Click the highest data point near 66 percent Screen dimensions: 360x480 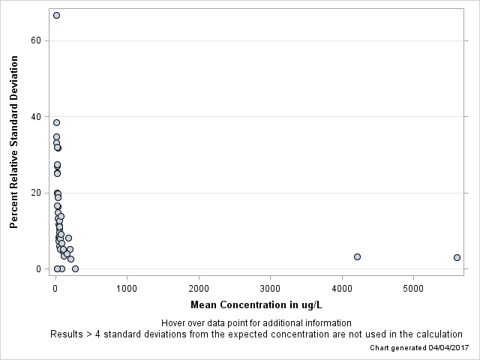(56, 15)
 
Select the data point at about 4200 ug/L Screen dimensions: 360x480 (357, 256)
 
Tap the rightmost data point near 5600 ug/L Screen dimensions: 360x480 (457, 257)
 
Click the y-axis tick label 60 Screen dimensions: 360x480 (35, 40)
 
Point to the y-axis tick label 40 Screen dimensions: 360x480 (35, 117)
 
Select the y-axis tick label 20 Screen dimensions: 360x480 (35, 193)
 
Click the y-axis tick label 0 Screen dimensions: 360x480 (37, 268)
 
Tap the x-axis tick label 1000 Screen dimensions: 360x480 (127, 288)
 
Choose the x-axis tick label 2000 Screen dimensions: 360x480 (199, 288)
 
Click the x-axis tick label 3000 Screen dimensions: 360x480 (270, 288)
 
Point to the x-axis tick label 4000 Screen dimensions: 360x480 (342, 288)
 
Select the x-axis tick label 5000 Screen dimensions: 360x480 (413, 288)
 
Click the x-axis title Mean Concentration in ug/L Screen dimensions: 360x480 (256, 305)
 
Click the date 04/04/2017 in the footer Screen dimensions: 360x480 (448, 348)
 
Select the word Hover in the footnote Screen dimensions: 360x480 (174, 322)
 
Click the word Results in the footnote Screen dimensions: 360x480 (67, 334)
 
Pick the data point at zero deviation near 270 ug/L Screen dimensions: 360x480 (75, 268)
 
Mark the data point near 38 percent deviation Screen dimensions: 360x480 (56, 122)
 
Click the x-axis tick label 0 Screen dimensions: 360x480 (55, 288)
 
